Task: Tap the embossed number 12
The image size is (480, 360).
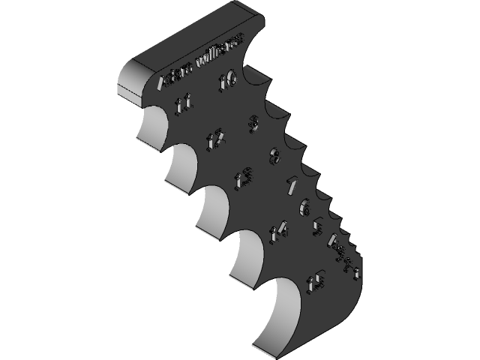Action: [217, 138]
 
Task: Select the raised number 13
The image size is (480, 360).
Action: [243, 180]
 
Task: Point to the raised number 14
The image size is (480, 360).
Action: [278, 230]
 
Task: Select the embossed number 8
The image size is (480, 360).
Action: [275, 157]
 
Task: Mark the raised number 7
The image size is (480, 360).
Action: [292, 184]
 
